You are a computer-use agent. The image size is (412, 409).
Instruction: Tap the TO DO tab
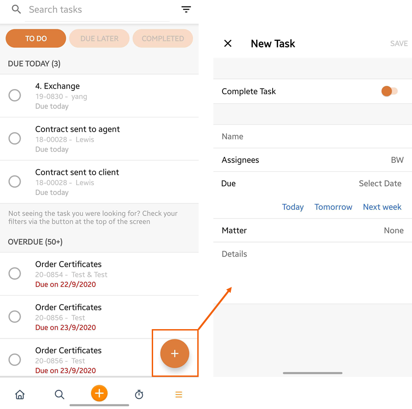pos(36,38)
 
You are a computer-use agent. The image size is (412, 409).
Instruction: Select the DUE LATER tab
pos(99,38)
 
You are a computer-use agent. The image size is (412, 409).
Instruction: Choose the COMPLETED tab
pos(163,38)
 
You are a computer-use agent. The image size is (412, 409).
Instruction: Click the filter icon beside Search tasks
pos(186,10)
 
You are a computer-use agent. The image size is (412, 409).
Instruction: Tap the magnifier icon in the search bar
pos(16,10)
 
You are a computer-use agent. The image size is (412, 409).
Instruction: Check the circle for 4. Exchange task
pos(15,95)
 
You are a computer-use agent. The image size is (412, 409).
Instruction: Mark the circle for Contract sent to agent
pos(15,138)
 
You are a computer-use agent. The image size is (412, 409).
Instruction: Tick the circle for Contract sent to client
pos(15,181)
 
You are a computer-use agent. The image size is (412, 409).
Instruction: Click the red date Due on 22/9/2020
pos(65,285)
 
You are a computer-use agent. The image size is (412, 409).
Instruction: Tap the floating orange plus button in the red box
pos(175,353)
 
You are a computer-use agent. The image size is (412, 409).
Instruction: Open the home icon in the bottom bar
pos(20,394)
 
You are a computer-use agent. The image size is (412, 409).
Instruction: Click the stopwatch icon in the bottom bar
pos(139,394)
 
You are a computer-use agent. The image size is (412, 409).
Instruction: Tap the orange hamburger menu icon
pos(179,394)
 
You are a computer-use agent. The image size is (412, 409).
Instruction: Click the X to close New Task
pos(228,43)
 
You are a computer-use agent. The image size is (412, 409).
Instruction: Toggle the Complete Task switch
pos(389,91)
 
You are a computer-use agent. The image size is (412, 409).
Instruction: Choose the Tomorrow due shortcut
pos(333,207)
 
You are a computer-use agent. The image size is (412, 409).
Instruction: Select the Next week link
pos(382,207)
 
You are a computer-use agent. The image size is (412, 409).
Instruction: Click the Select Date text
pos(380,183)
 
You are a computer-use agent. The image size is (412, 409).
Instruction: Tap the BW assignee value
pos(397,160)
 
